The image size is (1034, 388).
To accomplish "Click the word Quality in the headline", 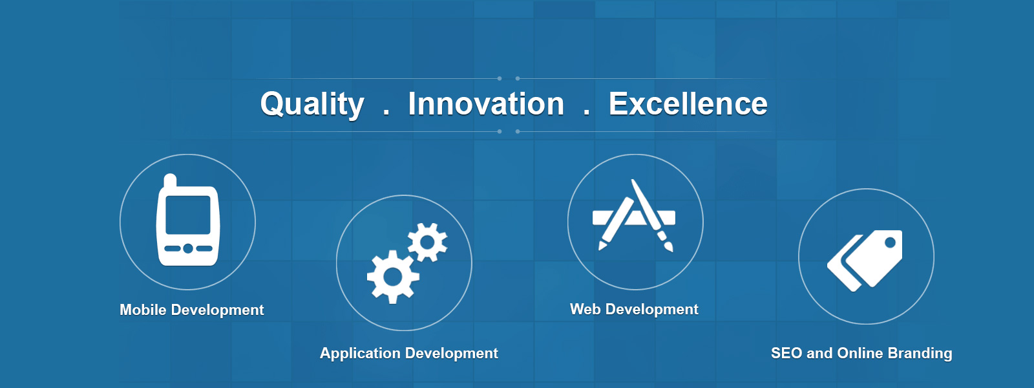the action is (x=312, y=105).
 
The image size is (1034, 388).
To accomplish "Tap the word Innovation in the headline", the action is (x=485, y=103).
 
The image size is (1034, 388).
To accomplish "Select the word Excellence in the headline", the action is (x=688, y=103).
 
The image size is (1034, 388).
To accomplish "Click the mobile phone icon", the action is (x=187, y=220).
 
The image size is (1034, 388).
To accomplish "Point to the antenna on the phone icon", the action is (x=170, y=180).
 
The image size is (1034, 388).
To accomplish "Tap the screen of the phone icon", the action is (x=188, y=215).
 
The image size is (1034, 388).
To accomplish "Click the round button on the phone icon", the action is (x=188, y=248).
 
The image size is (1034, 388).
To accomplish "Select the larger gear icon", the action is (x=393, y=277).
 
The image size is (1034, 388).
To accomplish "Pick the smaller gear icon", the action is (x=427, y=242).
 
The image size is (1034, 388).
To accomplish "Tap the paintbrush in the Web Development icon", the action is (x=652, y=215).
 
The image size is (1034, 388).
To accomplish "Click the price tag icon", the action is (x=865, y=261).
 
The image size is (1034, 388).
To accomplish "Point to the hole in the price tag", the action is (x=890, y=242).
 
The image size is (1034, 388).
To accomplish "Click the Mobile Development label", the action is (x=191, y=310).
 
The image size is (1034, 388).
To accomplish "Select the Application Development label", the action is (x=409, y=353).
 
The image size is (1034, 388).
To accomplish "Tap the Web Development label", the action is (x=634, y=310).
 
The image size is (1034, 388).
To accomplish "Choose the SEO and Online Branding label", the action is (x=861, y=353).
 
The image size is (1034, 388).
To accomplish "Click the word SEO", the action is (x=786, y=353).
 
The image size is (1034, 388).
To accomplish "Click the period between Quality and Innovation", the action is (x=386, y=113).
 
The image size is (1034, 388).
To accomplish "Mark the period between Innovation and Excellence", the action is (x=586, y=113).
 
